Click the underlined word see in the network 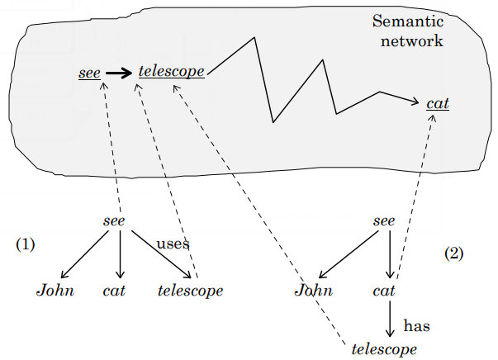coord(89,73)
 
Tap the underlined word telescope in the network coord(172,72)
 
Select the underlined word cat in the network coord(437,104)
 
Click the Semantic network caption coord(407,31)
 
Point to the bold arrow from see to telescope coord(120,73)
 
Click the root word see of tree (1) coord(113,220)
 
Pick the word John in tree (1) coord(55,291)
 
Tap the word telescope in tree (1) coord(190,291)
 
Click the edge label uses coord(173,244)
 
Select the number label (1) coord(26,244)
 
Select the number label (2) coord(454,253)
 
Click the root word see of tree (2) coord(384,220)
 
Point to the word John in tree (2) coord(315,291)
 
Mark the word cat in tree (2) coord(384,291)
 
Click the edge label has coord(416,326)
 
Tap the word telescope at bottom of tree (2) coord(384,349)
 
